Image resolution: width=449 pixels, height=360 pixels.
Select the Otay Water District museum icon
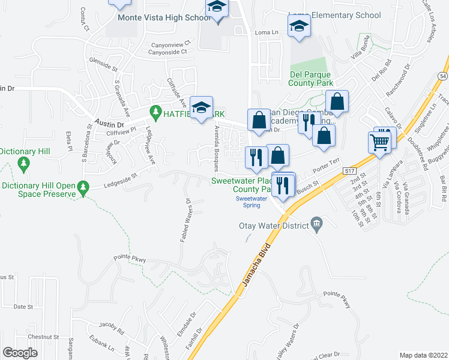tap(317, 226)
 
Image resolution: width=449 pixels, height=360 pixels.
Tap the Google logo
tap(20, 352)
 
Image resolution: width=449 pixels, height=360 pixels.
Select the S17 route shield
tap(351, 172)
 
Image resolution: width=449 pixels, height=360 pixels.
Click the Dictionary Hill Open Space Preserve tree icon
tap(85, 187)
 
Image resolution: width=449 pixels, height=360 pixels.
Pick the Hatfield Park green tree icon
tap(155, 112)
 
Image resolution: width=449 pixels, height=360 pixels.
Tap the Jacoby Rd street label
tap(111, 328)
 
